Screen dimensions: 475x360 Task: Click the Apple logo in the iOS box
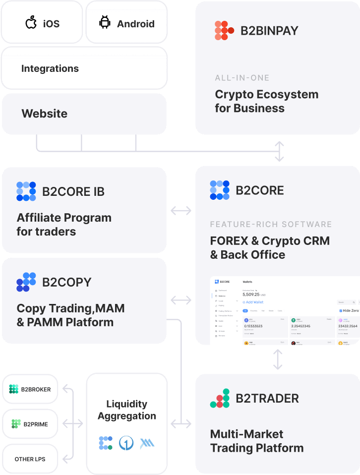coord(31,23)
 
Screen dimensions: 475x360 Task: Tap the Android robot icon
coord(105,23)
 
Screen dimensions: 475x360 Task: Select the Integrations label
coord(50,68)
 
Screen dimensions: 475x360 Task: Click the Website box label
coord(44,114)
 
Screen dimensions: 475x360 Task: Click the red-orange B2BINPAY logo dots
coord(224,31)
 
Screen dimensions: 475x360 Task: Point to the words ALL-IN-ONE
coord(242,78)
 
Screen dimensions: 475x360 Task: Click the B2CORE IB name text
coord(73,191)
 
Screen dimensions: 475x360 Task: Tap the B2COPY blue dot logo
coord(26,282)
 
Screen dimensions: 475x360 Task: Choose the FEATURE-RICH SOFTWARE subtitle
coord(271,224)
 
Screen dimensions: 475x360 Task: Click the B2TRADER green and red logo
coord(220,398)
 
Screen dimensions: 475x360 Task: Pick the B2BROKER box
coord(30,389)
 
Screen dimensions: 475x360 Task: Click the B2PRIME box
coord(30,424)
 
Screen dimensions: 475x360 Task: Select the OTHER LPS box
coord(30,459)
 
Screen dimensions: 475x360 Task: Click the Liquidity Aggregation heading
coord(126,410)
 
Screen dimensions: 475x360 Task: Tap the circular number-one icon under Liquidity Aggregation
coord(126,443)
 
